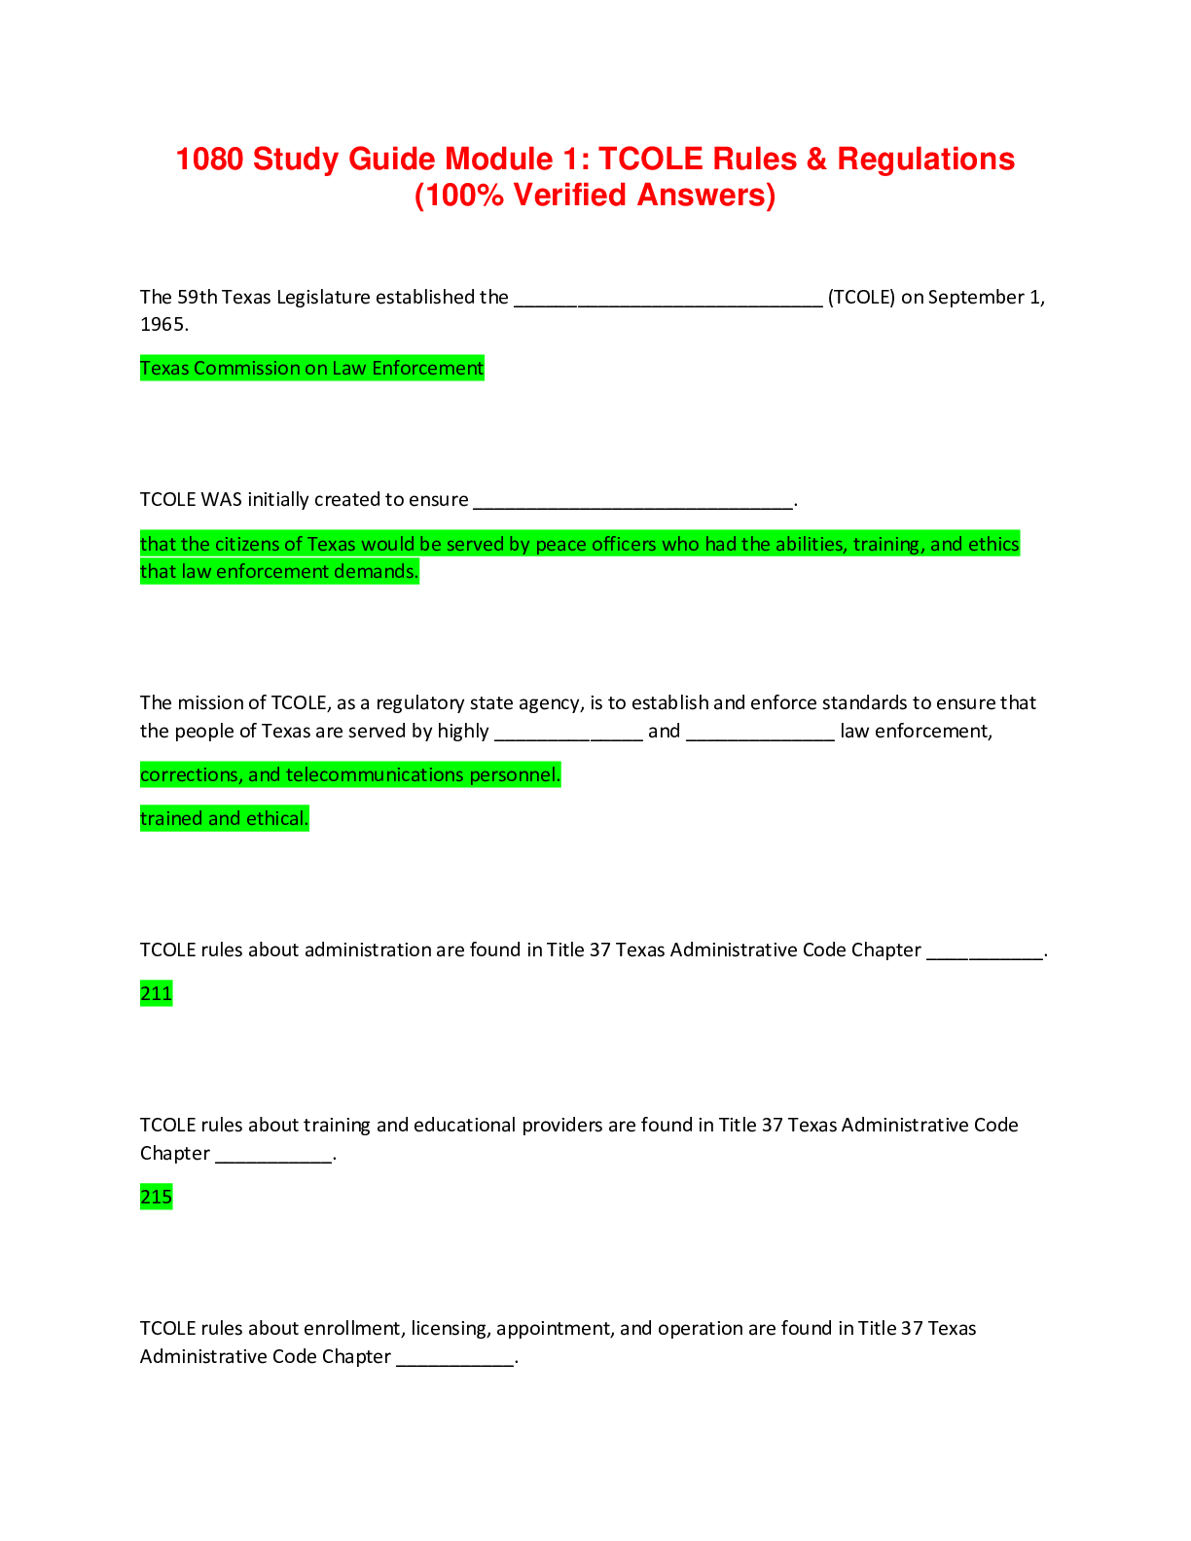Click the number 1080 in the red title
click(x=209, y=159)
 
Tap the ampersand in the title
click(x=816, y=159)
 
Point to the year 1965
click(x=163, y=324)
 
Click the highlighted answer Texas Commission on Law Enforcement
click(x=312, y=368)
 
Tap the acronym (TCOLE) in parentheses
click(x=861, y=297)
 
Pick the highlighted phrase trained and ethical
click(x=224, y=818)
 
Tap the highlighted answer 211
click(x=156, y=993)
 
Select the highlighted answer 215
click(x=156, y=1197)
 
